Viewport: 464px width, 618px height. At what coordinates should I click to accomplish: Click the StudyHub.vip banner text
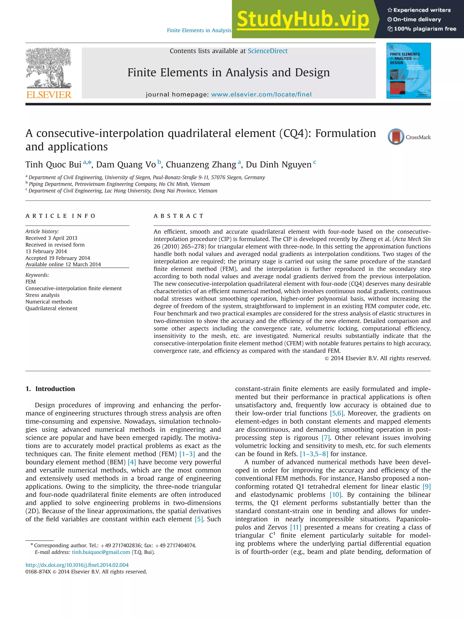click(303, 19)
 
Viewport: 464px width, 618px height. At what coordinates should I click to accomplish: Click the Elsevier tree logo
click(49, 68)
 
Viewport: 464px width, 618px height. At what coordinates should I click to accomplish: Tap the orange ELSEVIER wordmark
click(49, 95)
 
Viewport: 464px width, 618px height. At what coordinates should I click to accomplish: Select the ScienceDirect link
click(267, 51)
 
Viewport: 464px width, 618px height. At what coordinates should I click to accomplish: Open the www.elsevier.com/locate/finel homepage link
click(261, 94)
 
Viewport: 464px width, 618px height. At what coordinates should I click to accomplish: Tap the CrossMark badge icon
click(396, 137)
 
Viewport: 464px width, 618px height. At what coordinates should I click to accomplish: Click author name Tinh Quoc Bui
click(53, 165)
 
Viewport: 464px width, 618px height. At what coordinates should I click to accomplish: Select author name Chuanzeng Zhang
click(201, 165)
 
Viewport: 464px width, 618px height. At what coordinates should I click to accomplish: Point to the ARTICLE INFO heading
click(60, 216)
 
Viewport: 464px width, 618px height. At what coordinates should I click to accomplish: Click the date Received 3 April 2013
click(51, 238)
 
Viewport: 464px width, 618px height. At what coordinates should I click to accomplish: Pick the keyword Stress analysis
click(43, 295)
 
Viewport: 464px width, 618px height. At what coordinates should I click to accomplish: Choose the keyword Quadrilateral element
click(51, 308)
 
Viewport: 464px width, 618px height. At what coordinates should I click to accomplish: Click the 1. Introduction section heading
click(50, 389)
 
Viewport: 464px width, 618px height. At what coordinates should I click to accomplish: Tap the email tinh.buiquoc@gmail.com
click(101, 552)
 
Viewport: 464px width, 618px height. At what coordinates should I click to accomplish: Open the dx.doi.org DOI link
click(77, 565)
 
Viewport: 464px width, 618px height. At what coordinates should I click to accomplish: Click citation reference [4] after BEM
click(131, 462)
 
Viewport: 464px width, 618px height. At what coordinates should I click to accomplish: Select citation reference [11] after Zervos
click(295, 527)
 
